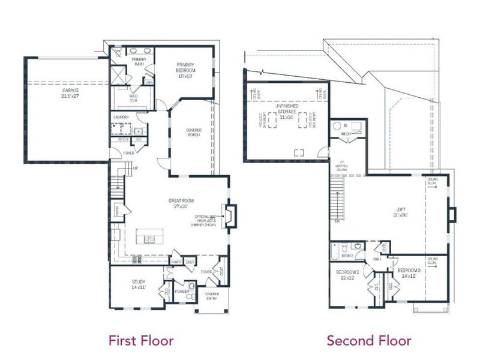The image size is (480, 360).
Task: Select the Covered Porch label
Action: [x=193, y=133]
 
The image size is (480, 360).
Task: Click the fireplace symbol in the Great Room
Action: [x=230, y=217]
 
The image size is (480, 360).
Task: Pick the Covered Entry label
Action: [x=211, y=296]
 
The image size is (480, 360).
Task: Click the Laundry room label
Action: [x=121, y=117]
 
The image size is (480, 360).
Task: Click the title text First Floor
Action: [x=140, y=341]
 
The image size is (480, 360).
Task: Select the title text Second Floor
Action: [x=368, y=341]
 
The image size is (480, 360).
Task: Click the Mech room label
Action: [x=346, y=134]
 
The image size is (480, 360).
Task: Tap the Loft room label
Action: [x=401, y=211]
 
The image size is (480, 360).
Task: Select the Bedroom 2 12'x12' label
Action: [x=347, y=275]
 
